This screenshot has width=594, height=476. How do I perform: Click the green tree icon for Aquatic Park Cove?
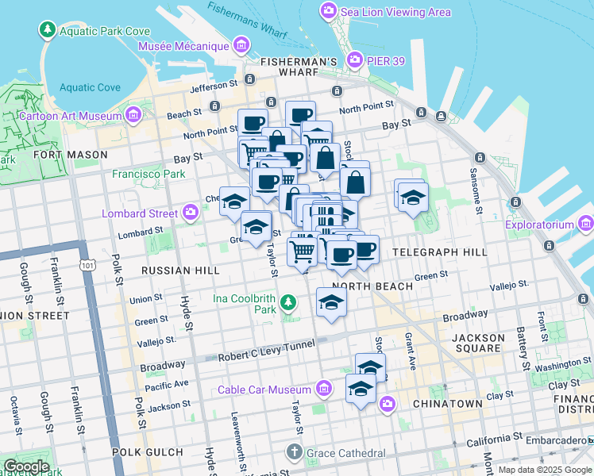tap(48, 30)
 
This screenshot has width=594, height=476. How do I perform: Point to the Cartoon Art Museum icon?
tap(133, 116)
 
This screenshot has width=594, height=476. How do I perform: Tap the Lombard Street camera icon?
tap(191, 213)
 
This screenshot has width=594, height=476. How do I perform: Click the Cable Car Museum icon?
tap(323, 390)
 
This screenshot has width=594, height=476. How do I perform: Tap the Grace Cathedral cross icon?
tap(294, 453)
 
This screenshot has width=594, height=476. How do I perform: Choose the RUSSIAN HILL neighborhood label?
tap(179, 271)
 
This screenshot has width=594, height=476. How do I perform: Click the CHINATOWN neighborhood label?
tap(447, 404)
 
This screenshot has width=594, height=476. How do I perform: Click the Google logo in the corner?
tap(26, 466)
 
